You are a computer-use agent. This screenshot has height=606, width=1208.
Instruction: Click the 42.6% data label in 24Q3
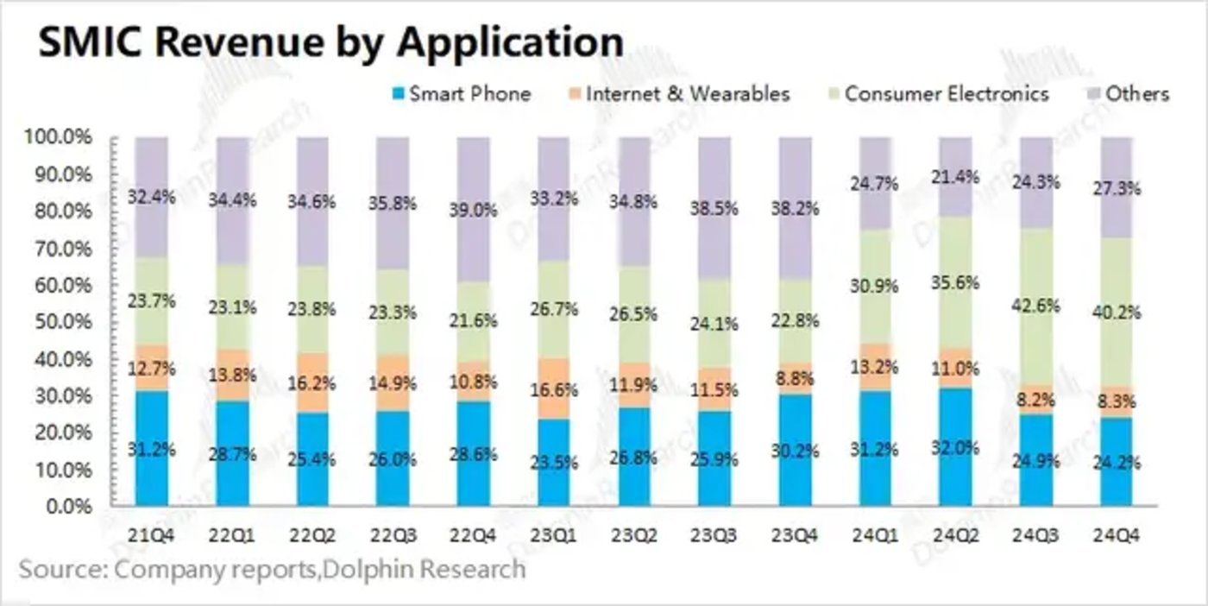(x=1036, y=306)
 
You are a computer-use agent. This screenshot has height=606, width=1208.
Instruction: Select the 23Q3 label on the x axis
(x=714, y=536)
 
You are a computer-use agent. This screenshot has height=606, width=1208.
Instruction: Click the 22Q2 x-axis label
(x=312, y=536)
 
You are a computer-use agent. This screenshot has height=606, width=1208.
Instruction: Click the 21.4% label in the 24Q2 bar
(x=955, y=178)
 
